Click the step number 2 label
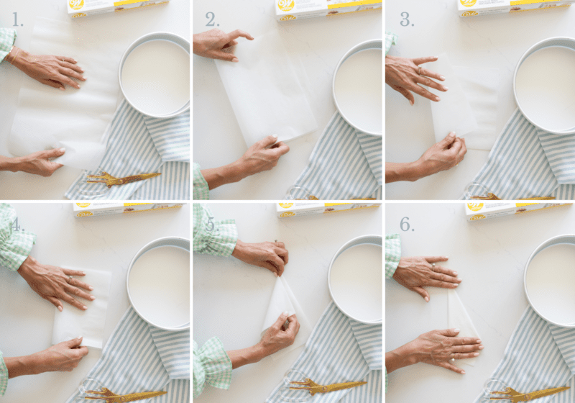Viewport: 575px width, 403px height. [212, 19]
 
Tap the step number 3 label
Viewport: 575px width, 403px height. [407, 19]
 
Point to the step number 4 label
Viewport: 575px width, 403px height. [17, 223]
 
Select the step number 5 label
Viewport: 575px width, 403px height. [211, 223]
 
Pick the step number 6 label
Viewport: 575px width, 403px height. [407, 224]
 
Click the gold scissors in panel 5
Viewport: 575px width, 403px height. [323, 386]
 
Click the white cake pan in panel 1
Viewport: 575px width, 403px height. [155, 76]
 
